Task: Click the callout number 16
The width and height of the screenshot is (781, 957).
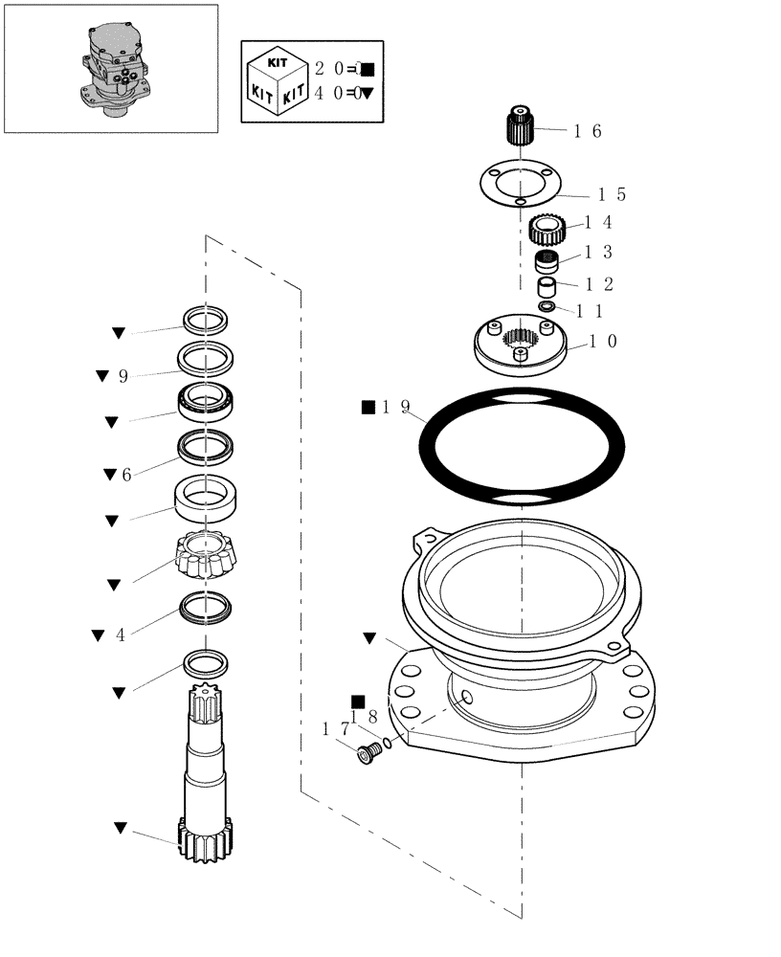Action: (587, 132)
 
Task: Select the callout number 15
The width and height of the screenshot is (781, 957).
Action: (612, 195)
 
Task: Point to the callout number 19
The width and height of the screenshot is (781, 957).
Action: (395, 408)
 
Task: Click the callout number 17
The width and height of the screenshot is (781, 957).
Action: (336, 729)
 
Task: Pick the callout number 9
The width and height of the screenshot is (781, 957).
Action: (123, 376)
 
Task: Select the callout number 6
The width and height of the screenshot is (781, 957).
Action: (125, 474)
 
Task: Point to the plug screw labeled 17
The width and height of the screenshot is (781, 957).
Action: (367, 755)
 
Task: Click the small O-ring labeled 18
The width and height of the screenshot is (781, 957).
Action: (387, 743)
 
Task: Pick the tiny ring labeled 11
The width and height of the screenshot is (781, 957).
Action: (547, 306)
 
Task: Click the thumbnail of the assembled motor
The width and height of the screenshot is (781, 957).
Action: (111, 68)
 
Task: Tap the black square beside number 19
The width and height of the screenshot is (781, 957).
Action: (368, 408)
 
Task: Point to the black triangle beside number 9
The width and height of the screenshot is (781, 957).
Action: (102, 376)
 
